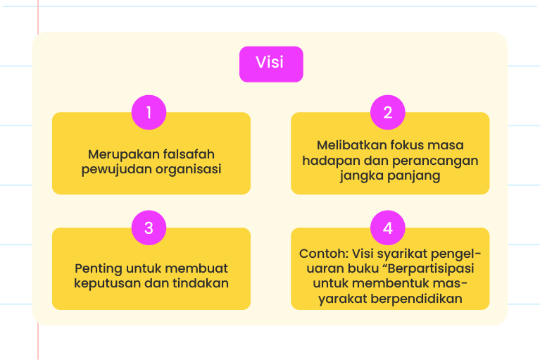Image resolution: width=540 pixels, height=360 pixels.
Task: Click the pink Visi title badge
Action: (271, 64)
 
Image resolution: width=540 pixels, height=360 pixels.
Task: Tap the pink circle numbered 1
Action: (149, 112)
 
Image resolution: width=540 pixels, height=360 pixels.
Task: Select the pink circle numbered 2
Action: (388, 112)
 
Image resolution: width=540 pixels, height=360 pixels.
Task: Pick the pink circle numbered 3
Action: (149, 228)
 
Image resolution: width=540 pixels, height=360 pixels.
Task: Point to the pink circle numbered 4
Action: (388, 228)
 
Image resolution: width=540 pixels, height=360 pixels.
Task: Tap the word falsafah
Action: (189, 154)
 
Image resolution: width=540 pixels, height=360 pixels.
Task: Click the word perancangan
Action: (435, 161)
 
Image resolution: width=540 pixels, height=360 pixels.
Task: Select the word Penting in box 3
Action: (98, 268)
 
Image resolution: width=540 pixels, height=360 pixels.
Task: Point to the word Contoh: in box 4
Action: (324, 254)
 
